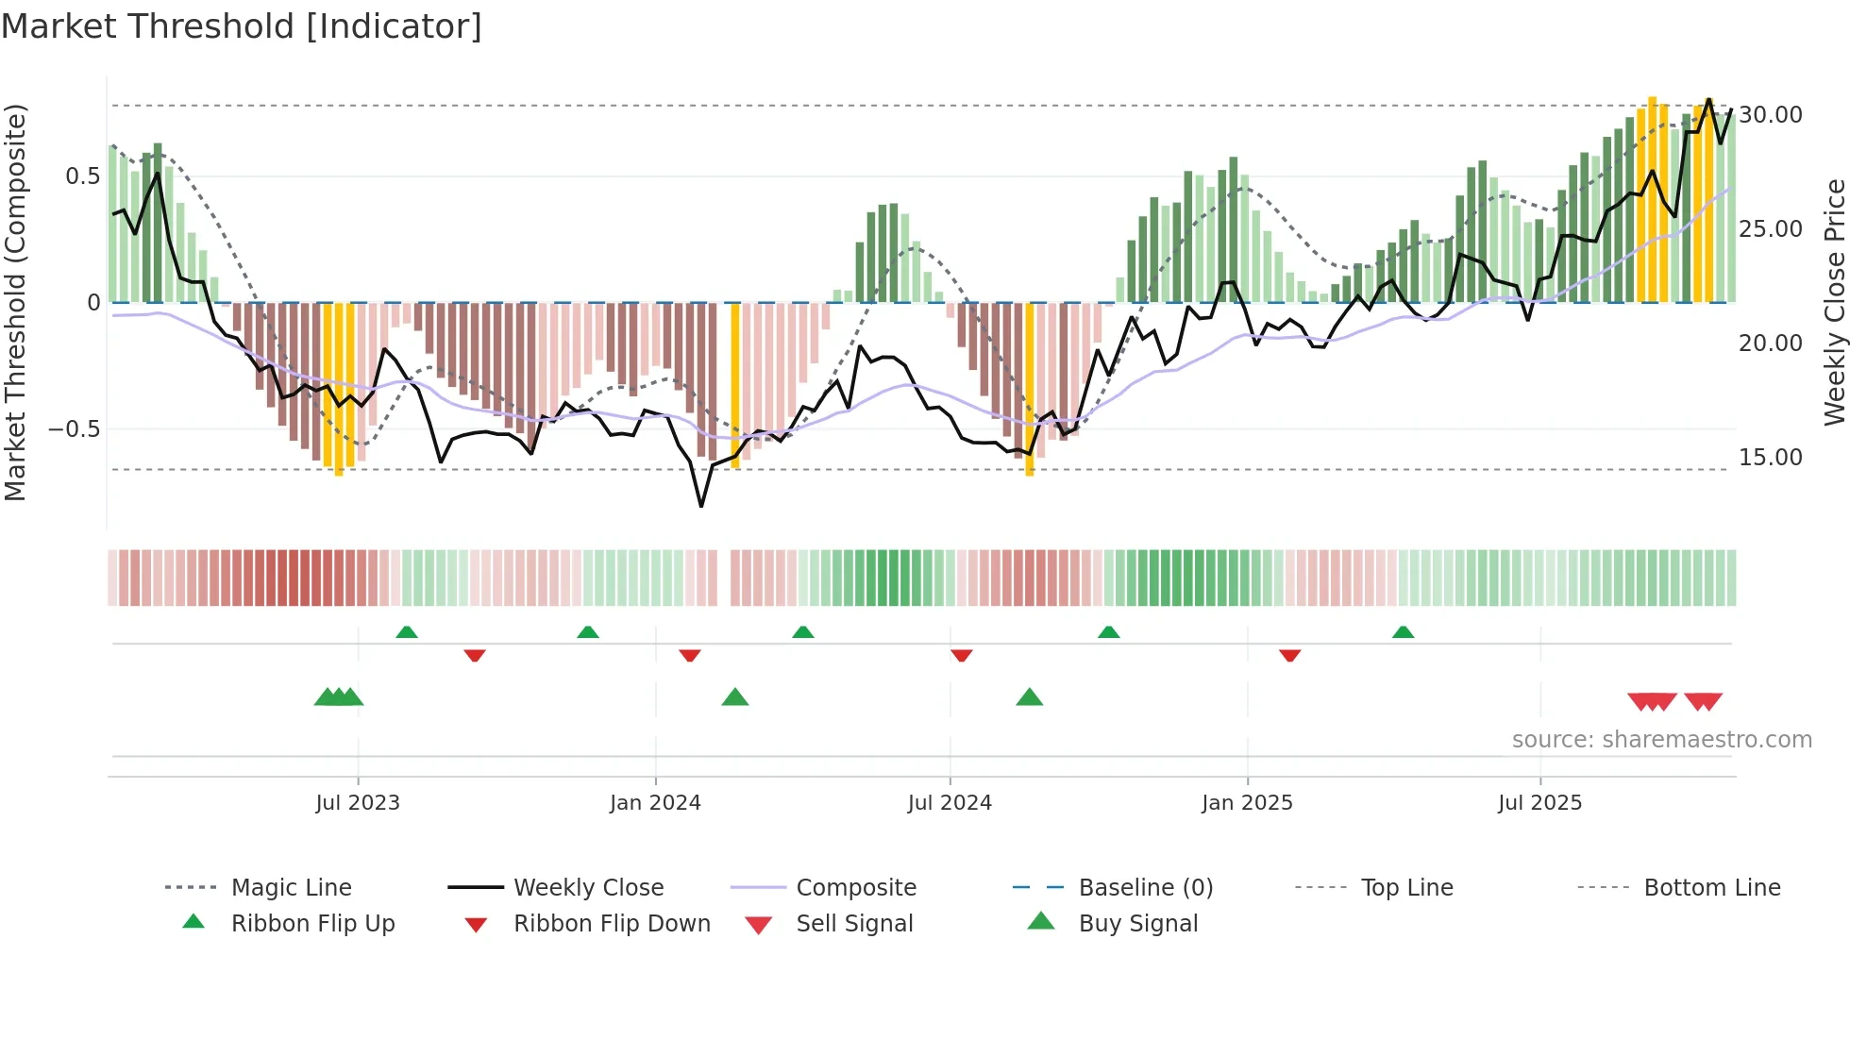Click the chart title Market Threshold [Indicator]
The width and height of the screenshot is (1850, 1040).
click(242, 26)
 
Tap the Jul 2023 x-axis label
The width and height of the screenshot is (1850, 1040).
click(358, 803)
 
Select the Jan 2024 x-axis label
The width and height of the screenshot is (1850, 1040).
click(655, 803)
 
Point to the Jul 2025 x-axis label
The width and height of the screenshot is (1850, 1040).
click(1539, 803)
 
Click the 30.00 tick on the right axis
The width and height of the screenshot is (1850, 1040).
click(1771, 115)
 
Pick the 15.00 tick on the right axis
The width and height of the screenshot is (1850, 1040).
click(1771, 458)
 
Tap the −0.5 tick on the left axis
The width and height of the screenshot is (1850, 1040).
click(75, 429)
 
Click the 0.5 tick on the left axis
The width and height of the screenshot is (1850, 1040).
click(82, 176)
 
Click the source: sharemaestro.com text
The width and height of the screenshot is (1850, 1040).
click(1661, 740)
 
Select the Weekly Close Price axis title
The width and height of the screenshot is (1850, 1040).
click(1834, 302)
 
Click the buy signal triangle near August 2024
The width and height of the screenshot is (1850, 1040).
click(1030, 697)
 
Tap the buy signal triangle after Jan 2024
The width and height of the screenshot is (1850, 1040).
click(734, 697)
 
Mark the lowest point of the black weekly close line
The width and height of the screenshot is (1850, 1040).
click(701, 506)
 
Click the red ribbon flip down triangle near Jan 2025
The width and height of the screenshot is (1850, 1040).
click(1290, 655)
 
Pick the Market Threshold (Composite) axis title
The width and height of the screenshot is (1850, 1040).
click(15, 302)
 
